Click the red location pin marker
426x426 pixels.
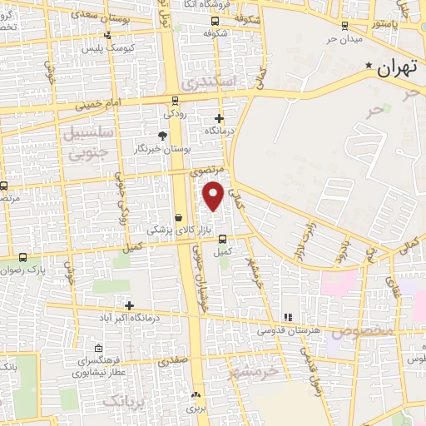(x=214, y=196)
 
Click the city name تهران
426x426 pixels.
(x=394, y=69)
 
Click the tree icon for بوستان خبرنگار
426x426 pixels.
(x=162, y=135)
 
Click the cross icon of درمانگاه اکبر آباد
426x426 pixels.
(x=129, y=305)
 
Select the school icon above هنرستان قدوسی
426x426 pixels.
(x=288, y=317)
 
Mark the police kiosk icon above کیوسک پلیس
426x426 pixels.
(x=107, y=35)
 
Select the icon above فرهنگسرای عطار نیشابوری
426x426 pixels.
(x=99, y=348)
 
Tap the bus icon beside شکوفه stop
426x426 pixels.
(x=216, y=21)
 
